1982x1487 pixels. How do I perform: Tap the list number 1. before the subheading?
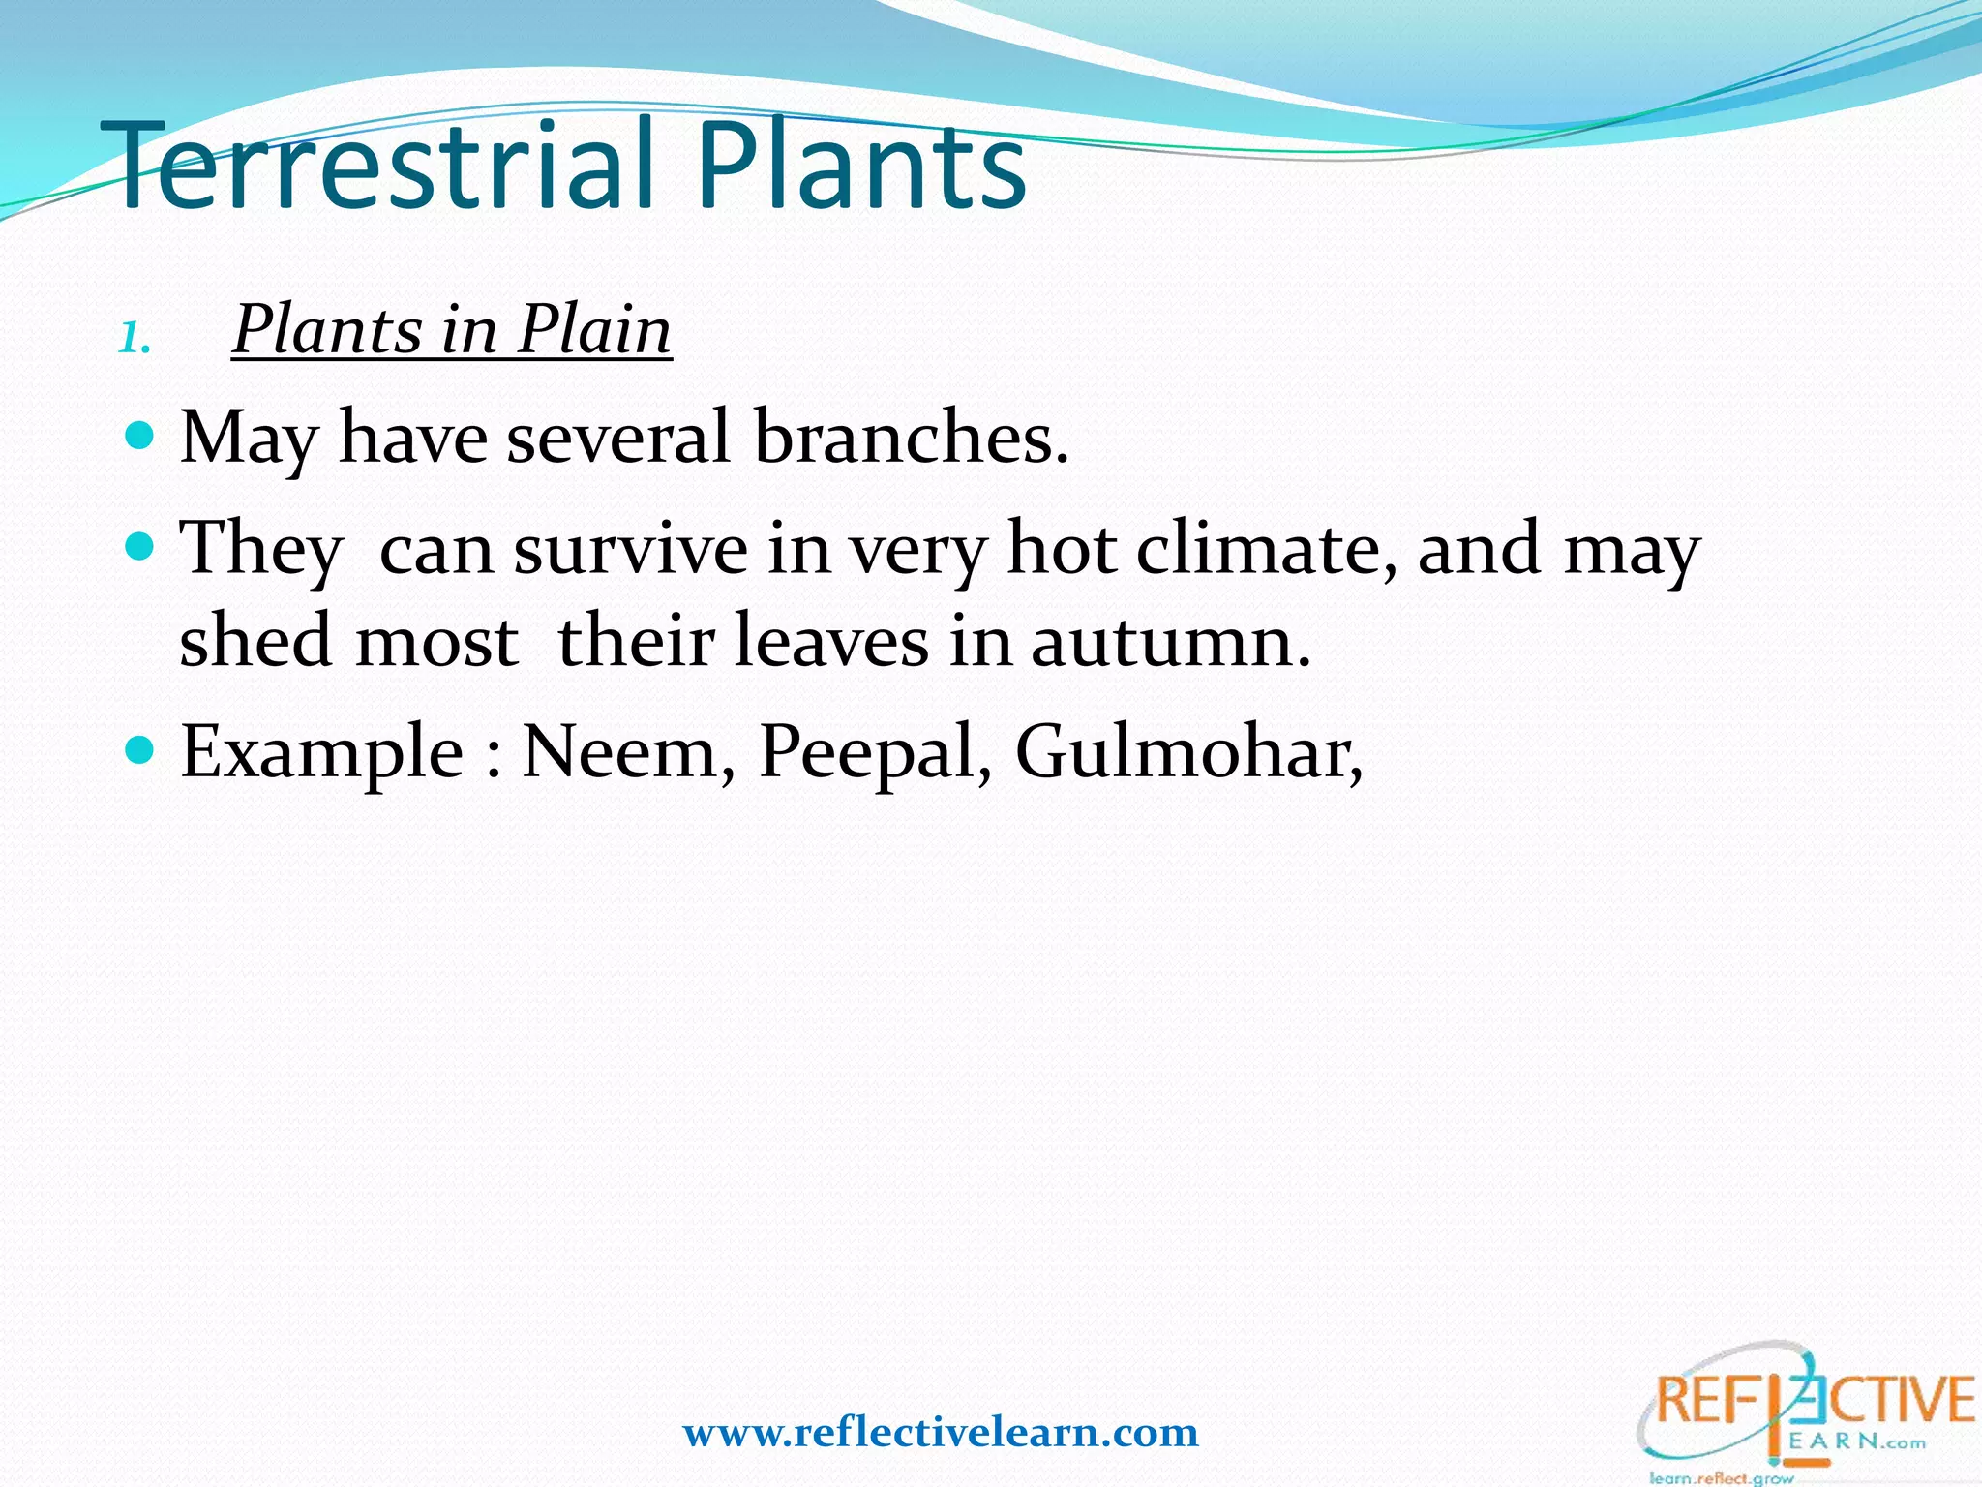tap(135, 339)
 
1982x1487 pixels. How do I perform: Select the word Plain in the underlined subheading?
tap(593, 330)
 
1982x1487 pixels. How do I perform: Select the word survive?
tap(630, 550)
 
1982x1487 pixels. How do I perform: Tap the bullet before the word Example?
tap(140, 750)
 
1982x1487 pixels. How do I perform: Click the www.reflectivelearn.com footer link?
tap(941, 1432)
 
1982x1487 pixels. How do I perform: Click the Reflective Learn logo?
tap(1806, 1404)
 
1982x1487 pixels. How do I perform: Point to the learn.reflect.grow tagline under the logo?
tap(1722, 1477)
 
